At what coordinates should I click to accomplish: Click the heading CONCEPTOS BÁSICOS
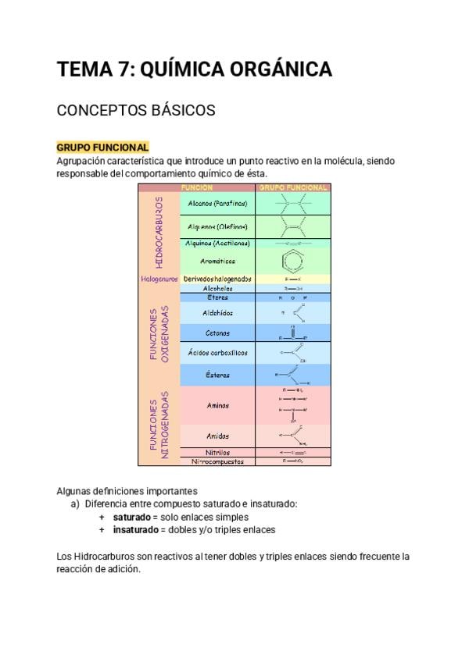pos(136,111)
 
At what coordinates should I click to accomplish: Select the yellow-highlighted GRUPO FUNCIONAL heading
pos(102,147)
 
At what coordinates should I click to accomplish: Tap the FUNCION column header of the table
pos(197,188)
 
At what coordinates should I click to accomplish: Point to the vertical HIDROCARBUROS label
pos(159,232)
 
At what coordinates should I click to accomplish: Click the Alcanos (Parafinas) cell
pos(217,203)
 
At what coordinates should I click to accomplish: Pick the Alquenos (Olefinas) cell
pos(217,227)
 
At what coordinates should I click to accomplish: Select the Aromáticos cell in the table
pos(217,261)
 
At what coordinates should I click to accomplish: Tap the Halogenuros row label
pos(159,279)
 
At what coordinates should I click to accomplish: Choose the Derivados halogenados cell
pos(217,279)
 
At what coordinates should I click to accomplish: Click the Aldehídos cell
pos(217,312)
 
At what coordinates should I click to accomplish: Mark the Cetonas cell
pos(217,333)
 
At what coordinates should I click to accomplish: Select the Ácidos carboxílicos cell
pos(217,353)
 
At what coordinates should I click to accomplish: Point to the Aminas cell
pos(217,405)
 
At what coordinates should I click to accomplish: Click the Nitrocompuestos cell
pos(217,461)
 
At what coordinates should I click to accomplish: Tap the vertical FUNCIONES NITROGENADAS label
pos(159,425)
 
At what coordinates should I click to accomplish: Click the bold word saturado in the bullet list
pos(131,517)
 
